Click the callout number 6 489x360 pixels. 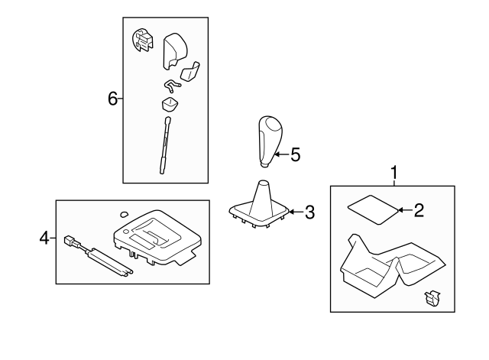(112, 99)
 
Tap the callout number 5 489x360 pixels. (296, 154)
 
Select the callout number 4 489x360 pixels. (44, 238)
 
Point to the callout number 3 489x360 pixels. (309, 212)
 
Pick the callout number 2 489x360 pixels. (419, 210)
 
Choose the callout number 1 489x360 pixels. (394, 173)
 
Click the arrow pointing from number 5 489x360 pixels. (281, 154)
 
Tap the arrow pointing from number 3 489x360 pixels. (296, 212)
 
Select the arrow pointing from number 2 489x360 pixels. (405, 210)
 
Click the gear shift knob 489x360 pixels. (270, 141)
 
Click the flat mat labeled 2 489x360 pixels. (373, 209)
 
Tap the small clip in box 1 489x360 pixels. (432, 299)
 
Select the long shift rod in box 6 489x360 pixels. (165, 145)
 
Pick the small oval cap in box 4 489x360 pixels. (124, 214)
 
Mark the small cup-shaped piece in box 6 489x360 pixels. (170, 104)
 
